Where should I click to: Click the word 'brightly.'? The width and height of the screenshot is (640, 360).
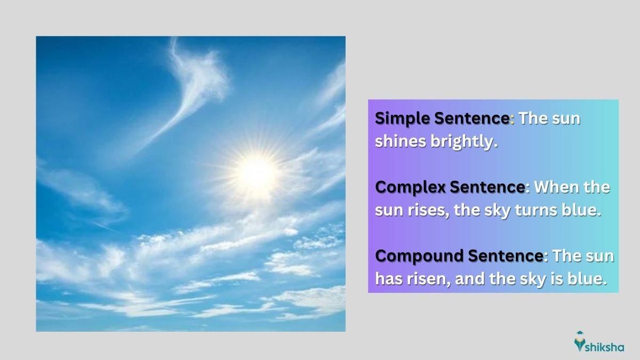point(465,142)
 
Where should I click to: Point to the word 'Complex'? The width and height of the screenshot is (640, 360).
point(410,188)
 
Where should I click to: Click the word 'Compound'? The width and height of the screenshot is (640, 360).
point(419,255)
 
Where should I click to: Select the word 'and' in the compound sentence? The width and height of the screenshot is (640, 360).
point(470,278)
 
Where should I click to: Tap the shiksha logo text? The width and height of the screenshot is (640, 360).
point(605,347)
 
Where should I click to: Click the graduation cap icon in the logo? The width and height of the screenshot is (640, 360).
point(579,334)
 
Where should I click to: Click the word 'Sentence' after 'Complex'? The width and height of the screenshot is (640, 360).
point(487,187)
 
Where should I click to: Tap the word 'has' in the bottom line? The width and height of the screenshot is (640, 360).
point(389,278)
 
